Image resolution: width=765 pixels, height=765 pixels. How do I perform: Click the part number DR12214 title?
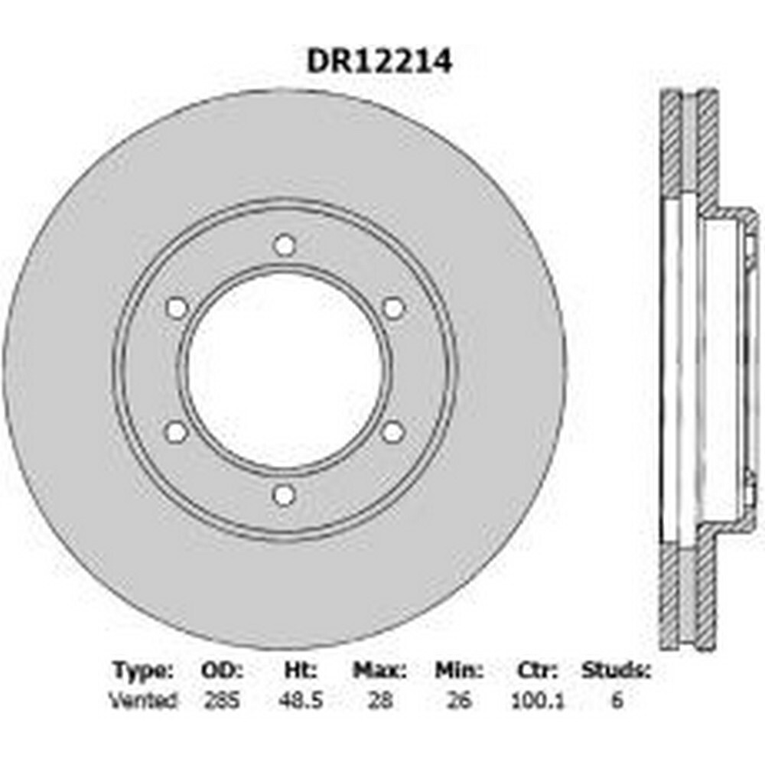point(379,61)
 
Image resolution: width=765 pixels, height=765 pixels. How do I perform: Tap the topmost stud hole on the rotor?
point(285,245)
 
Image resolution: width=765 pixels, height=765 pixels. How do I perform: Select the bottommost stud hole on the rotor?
point(284,496)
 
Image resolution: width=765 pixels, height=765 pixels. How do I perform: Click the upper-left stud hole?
point(177,308)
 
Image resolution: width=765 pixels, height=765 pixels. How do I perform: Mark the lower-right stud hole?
point(392,433)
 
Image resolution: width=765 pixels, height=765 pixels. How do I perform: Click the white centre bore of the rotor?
point(285,370)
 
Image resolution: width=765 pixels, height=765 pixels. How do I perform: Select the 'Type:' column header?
point(142,672)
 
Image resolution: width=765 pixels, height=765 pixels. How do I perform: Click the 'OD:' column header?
point(222,671)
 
